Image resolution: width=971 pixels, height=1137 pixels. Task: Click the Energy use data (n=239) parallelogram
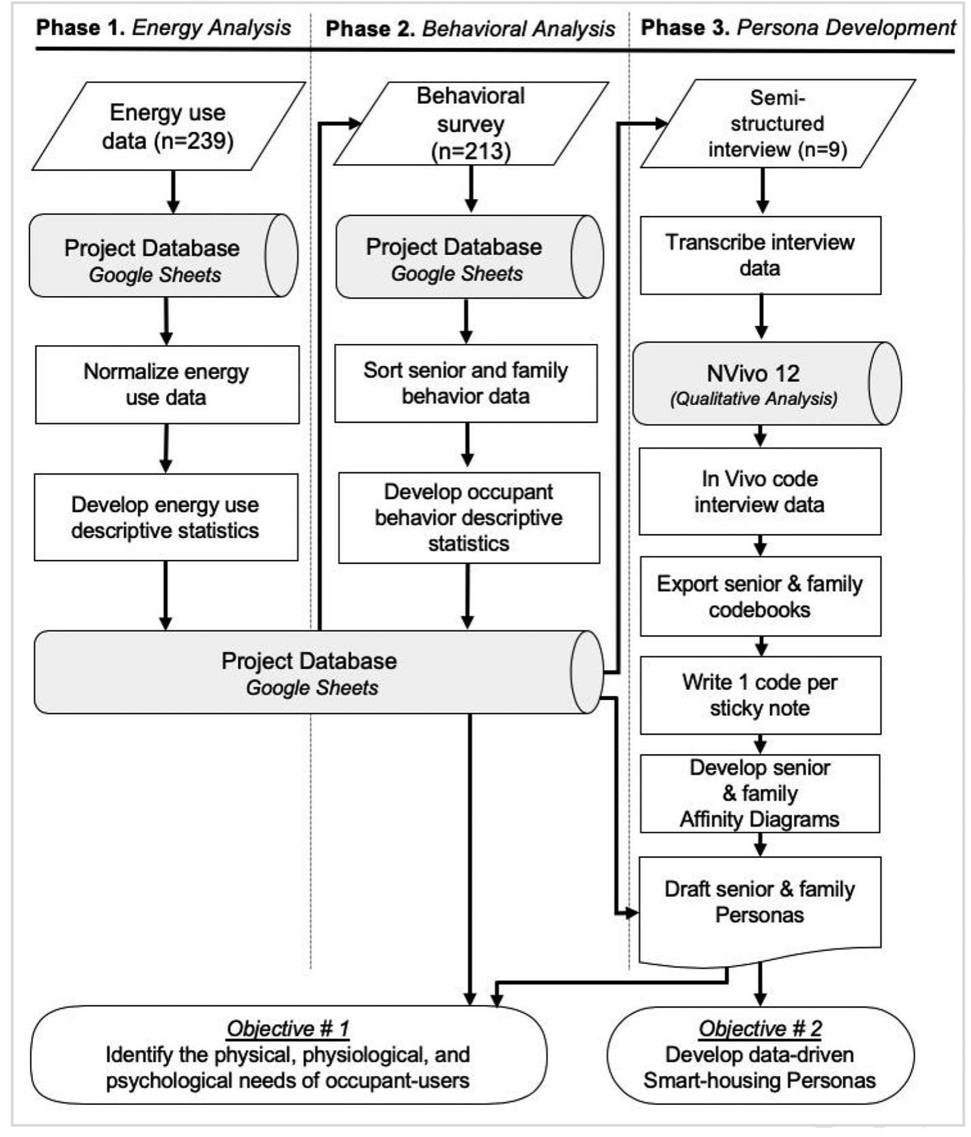(x=167, y=126)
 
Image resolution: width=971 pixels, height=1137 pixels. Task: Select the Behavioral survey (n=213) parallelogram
(x=470, y=124)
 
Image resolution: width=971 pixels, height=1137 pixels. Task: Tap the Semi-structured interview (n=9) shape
(x=777, y=124)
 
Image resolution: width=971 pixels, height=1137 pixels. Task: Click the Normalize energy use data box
(x=167, y=384)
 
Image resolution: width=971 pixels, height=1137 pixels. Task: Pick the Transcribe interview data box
(x=760, y=255)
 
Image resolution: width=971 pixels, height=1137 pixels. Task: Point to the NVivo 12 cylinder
(x=758, y=384)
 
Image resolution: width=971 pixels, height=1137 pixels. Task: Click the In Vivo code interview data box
(x=759, y=492)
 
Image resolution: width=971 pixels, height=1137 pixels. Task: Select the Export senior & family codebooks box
(x=759, y=596)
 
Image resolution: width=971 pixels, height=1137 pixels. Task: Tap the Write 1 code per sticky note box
(x=759, y=695)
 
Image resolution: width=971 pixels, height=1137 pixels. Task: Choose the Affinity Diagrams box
(x=759, y=793)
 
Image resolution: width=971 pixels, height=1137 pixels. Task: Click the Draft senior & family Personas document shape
(x=759, y=902)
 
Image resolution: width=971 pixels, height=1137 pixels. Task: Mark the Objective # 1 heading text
(x=288, y=1028)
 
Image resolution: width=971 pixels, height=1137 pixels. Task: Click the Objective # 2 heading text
(x=760, y=1028)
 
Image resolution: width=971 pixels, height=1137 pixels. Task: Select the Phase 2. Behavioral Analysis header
(x=470, y=29)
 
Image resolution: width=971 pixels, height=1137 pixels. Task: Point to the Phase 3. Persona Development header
(x=797, y=27)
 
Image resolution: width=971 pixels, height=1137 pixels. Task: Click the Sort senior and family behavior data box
(x=465, y=383)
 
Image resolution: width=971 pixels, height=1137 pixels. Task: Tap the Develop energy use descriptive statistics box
(x=165, y=518)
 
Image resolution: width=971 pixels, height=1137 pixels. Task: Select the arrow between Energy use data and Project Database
(x=173, y=191)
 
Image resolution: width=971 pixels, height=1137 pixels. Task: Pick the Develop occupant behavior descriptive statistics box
(x=469, y=518)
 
